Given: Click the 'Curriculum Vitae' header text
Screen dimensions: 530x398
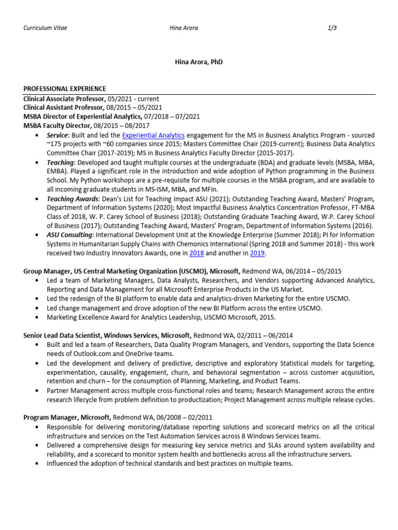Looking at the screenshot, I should (x=45, y=28).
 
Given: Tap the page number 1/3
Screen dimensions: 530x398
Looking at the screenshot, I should (x=332, y=28).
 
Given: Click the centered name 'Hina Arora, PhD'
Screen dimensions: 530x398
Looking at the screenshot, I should (x=199, y=62).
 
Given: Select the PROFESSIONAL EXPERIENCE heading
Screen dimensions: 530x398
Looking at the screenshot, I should (x=65, y=89).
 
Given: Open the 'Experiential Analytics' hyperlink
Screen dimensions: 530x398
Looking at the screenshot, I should (x=153, y=135).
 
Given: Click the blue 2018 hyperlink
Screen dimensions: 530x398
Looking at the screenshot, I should (x=196, y=253).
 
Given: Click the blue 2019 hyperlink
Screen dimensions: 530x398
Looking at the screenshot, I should (x=258, y=253).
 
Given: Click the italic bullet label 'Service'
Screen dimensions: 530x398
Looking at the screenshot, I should (x=58, y=135).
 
